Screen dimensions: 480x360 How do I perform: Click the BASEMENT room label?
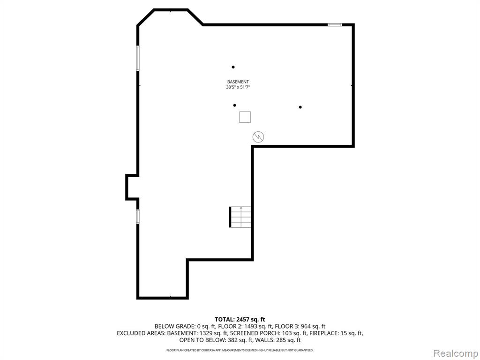click(x=238, y=82)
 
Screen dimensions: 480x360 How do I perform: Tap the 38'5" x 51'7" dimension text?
click(x=238, y=87)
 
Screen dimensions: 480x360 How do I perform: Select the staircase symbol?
click(x=240, y=217)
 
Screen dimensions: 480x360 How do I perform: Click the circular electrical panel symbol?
click(x=258, y=137)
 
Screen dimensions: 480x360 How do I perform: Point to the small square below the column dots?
click(x=245, y=117)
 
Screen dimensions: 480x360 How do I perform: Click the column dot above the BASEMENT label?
click(x=233, y=67)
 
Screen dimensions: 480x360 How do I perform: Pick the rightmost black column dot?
click(x=300, y=107)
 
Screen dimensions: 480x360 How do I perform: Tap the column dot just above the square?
click(x=234, y=105)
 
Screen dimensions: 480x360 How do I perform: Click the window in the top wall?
click(x=335, y=24)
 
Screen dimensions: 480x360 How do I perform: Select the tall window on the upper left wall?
click(x=138, y=58)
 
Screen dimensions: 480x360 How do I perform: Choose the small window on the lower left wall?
click(x=138, y=217)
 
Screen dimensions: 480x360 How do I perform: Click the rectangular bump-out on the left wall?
click(x=132, y=187)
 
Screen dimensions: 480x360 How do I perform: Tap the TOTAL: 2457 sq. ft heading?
click(x=240, y=320)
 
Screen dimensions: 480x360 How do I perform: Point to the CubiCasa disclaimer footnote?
click(x=240, y=350)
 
